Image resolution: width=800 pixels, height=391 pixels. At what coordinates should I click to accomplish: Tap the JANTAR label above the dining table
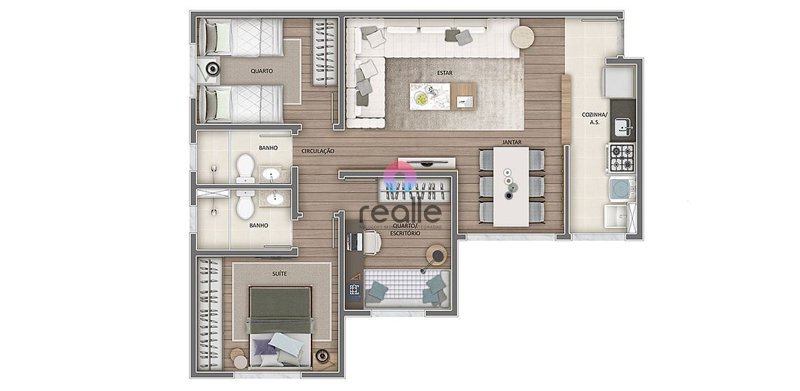[510, 142]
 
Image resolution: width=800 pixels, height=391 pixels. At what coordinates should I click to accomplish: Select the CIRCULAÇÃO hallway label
[317, 151]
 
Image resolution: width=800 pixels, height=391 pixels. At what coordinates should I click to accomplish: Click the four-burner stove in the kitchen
[620, 158]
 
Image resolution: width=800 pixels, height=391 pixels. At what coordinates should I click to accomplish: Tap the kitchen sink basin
[621, 127]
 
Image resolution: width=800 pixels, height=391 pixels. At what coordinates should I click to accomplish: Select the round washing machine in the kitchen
[620, 189]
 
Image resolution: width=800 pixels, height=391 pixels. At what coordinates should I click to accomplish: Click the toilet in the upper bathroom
[245, 166]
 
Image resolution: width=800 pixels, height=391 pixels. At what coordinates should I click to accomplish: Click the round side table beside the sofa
[522, 36]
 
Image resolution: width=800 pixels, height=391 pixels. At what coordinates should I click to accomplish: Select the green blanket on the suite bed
[279, 303]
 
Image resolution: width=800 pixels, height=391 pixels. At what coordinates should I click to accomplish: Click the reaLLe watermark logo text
[401, 211]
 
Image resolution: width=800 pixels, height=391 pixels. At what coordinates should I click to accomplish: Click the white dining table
[511, 186]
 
